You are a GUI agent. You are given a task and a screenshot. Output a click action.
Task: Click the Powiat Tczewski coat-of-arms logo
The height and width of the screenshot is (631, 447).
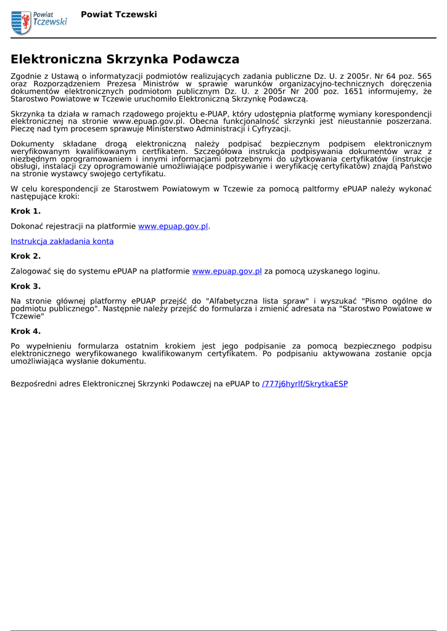coord(21,22)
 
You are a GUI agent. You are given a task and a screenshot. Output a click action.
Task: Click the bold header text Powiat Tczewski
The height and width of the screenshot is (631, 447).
coord(119,14)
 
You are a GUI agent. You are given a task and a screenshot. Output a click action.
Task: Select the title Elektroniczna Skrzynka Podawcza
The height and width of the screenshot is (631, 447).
coord(125,60)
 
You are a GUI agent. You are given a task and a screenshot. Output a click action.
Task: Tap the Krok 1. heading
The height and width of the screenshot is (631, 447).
coord(26,211)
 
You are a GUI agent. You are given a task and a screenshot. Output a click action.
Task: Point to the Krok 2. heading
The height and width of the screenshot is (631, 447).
coord(26,256)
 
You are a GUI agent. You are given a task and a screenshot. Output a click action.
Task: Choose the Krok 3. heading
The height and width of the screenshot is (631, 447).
coord(26,287)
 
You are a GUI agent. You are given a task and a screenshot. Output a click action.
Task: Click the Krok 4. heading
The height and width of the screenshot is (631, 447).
coord(26,332)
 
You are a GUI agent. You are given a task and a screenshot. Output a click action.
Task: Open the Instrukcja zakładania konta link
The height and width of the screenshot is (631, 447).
coord(62,242)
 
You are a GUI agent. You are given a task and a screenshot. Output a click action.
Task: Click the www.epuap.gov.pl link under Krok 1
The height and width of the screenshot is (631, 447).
coord(173,227)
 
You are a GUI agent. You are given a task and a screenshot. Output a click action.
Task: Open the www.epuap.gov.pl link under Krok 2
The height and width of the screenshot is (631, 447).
coord(227,271)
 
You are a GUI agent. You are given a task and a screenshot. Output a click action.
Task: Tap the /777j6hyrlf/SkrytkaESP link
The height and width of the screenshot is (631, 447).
coord(305,384)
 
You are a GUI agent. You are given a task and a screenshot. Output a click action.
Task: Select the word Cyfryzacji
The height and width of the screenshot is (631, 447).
coord(270,129)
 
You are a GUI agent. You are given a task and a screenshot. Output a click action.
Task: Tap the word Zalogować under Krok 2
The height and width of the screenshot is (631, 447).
coord(33,271)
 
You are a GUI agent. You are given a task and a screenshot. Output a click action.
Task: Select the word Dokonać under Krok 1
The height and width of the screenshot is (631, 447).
coord(28,227)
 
